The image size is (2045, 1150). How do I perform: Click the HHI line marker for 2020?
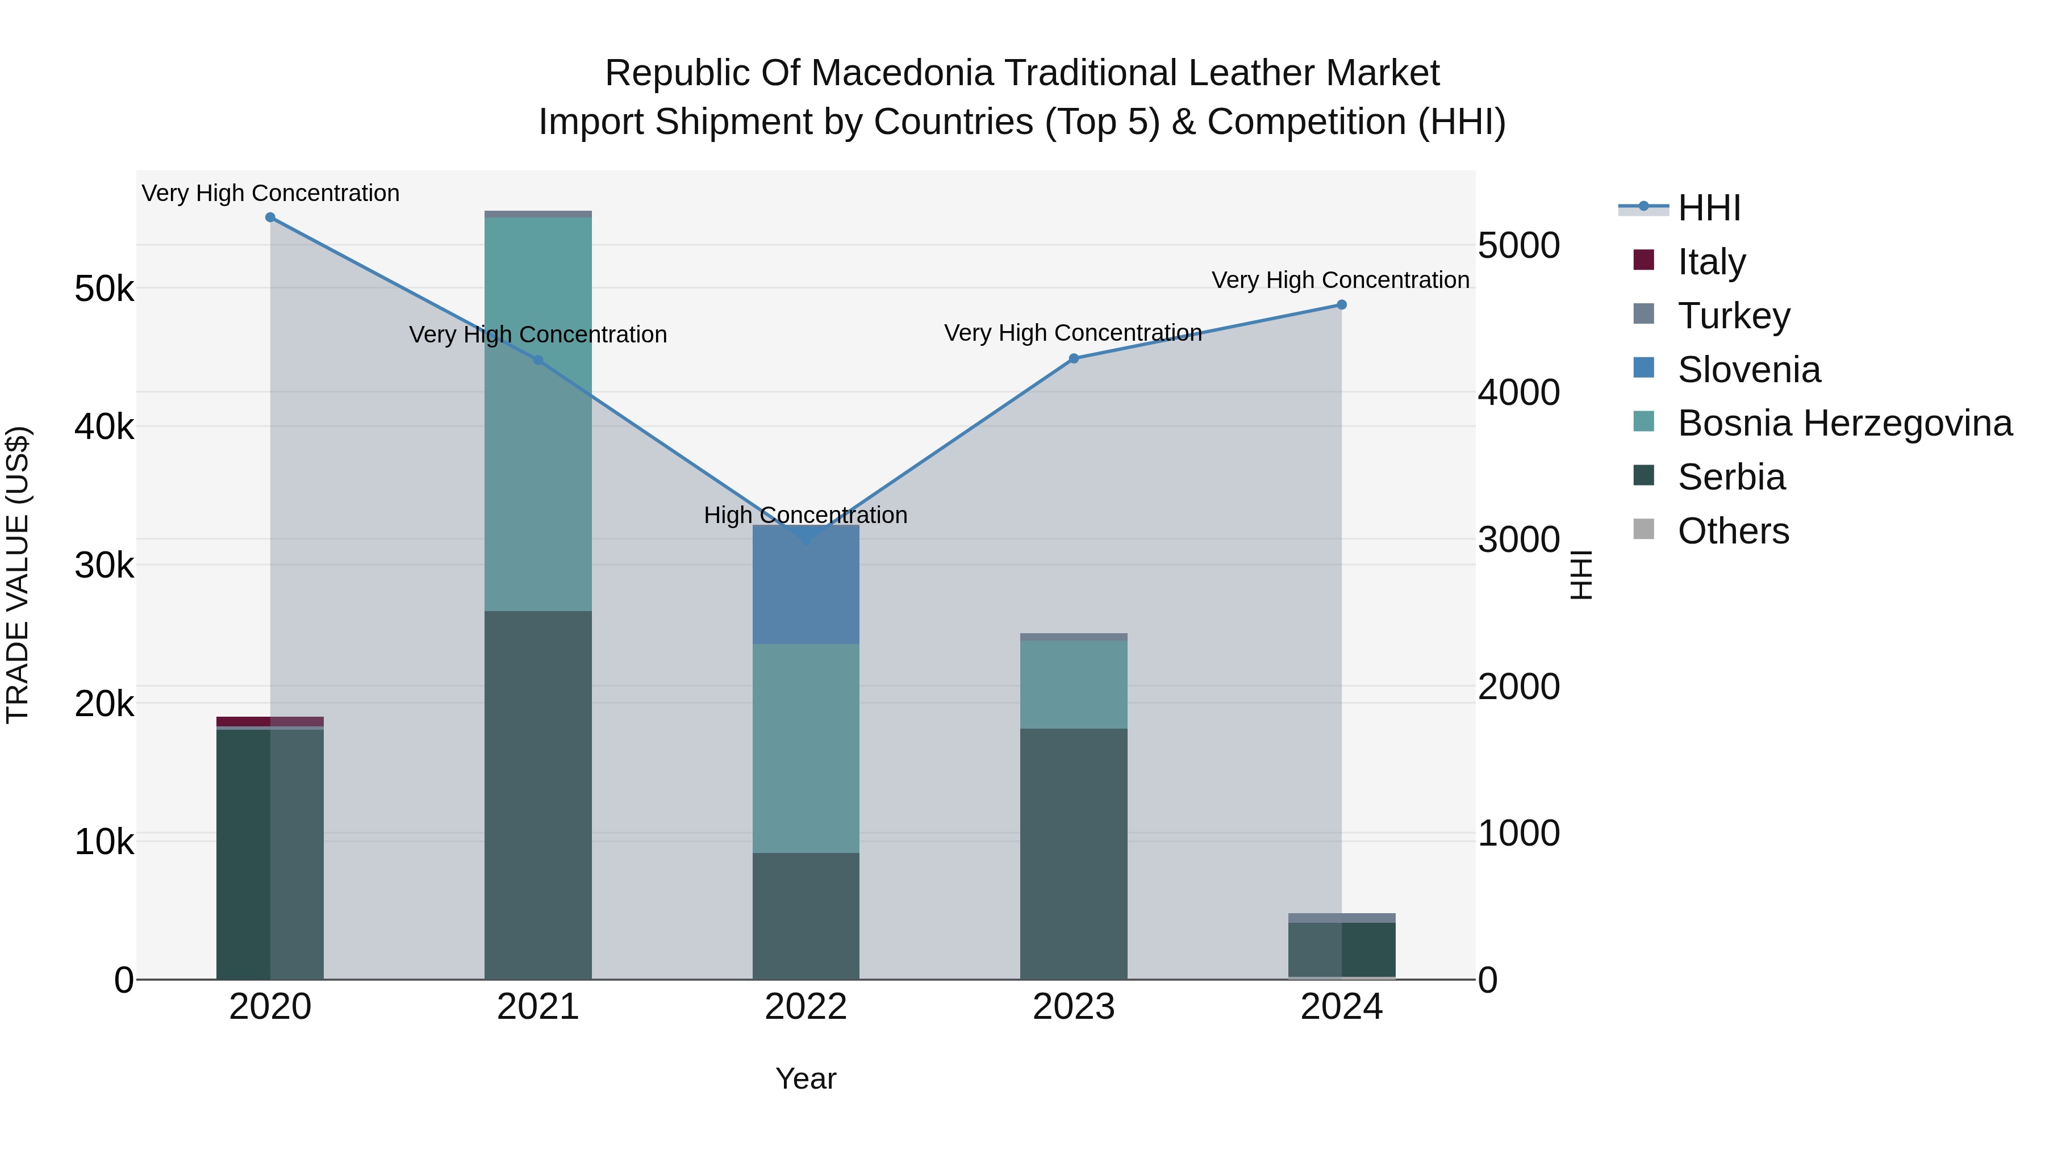tap(270, 218)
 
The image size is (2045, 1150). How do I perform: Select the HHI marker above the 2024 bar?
tap(1342, 305)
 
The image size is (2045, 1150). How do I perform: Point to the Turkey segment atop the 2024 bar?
tap(1342, 918)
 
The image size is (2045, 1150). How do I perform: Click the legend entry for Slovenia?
tap(1749, 370)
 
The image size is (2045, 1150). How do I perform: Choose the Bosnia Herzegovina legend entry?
tap(1844, 424)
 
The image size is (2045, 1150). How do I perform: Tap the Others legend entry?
tap(1733, 531)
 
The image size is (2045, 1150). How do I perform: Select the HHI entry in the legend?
tap(1709, 208)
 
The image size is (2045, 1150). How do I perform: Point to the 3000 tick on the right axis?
tap(1518, 540)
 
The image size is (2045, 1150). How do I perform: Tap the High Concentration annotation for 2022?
tap(806, 516)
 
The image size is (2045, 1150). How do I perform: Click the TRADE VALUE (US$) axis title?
tap(18, 575)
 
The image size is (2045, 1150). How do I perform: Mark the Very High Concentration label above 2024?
tap(1340, 280)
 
